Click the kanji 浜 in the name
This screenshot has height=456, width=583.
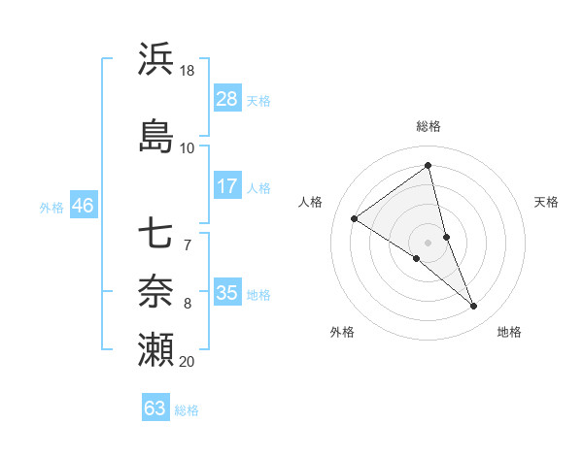tap(155, 59)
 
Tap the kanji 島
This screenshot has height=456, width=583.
tap(155, 135)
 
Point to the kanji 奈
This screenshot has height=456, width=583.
tap(155, 289)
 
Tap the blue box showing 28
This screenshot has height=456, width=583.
tap(227, 99)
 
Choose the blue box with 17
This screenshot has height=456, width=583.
tap(227, 186)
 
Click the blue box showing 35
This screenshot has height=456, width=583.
tap(227, 293)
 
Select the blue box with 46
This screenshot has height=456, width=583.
tap(82, 206)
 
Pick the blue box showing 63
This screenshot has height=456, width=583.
tap(155, 408)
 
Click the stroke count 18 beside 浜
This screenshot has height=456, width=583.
tap(188, 72)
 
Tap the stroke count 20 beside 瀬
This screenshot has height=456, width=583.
tap(188, 362)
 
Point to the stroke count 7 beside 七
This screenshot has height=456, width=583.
tap(188, 244)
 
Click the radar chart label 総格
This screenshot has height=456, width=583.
tap(428, 126)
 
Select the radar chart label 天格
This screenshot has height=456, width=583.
tap(546, 202)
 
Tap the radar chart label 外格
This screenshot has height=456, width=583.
tap(342, 332)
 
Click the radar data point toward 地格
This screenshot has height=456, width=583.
tap(474, 307)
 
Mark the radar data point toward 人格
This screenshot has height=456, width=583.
tap(354, 218)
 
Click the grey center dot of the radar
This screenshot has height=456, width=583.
tap(428, 242)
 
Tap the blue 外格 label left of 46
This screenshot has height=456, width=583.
tap(51, 207)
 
